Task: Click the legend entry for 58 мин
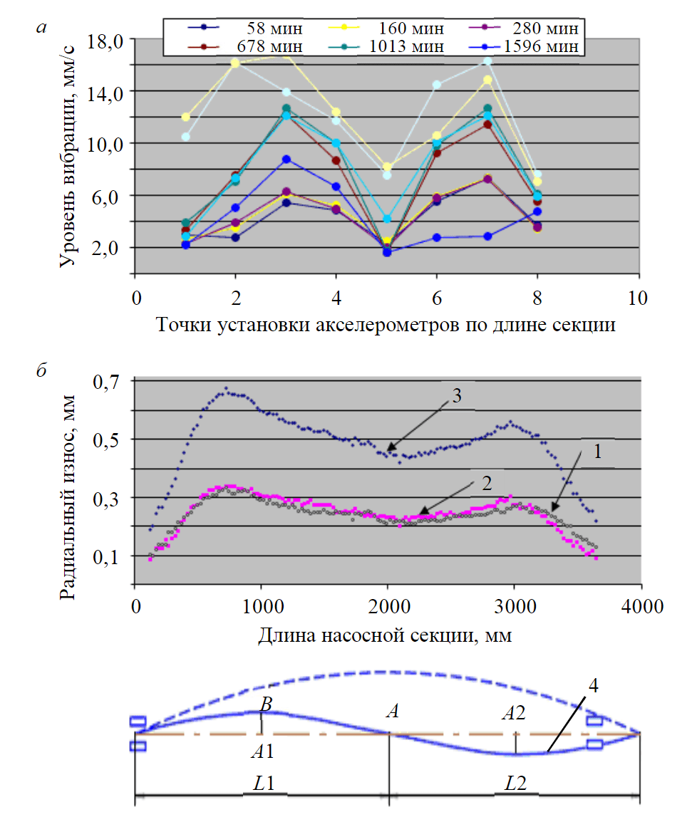(274, 29)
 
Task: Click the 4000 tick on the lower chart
(641, 607)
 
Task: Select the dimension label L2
(515, 784)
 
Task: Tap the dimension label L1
(264, 784)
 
